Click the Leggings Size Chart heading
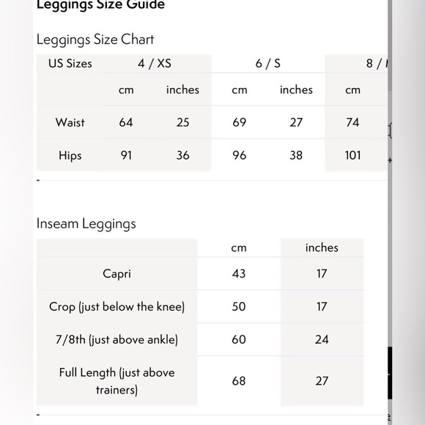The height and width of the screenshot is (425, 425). coord(95,40)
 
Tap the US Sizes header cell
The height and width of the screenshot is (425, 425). coord(70,64)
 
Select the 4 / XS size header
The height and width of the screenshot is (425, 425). coord(155,64)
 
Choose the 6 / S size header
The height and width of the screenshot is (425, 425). coord(268,64)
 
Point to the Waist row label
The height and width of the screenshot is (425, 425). coord(70,122)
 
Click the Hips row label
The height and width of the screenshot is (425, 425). coord(70,155)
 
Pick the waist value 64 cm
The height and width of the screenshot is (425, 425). coord(126,122)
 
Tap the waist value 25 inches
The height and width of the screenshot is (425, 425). coord(182,122)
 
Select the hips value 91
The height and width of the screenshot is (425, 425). coord(126,155)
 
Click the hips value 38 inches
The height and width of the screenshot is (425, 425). coord(296,155)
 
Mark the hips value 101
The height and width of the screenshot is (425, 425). coord(353,155)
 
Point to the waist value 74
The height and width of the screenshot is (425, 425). coord(353,122)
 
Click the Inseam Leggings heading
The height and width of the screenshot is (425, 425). coord(86,223)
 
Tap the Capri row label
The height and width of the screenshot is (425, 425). coord(117,274)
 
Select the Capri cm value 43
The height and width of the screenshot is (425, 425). coord(239,274)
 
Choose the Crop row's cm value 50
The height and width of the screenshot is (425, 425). coord(239,307)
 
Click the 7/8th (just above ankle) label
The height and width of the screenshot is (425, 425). coord(117,340)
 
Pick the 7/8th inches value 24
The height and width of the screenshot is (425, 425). coord(322,340)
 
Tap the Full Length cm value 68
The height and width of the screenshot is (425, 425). coord(239,381)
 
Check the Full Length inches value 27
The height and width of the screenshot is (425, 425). coord(322,381)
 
